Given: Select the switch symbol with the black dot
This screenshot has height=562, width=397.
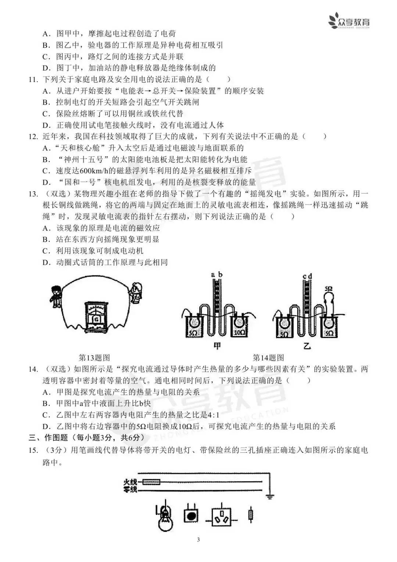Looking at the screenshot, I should coord(191,516).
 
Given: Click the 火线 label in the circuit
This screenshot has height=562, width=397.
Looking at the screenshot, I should coord(130,481).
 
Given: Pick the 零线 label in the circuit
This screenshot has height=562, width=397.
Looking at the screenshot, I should coord(130,490).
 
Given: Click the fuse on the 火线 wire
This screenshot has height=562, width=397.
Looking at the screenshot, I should coord(151,481).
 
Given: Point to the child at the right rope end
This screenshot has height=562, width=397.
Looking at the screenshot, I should coord(136,293).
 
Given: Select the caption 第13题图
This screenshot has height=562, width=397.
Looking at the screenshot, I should coord(94,358).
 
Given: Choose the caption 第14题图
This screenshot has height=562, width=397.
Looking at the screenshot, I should coord(268,358).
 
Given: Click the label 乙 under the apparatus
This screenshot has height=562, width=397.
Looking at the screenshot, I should coord(307,346).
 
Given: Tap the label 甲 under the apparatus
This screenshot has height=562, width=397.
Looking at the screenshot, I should coord(217,346).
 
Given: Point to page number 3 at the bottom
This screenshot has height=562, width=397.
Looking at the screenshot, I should coord(198,540).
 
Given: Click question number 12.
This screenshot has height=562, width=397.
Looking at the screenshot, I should coord(33,137).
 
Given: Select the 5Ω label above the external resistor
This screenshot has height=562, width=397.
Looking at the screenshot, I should coord(329,289).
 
